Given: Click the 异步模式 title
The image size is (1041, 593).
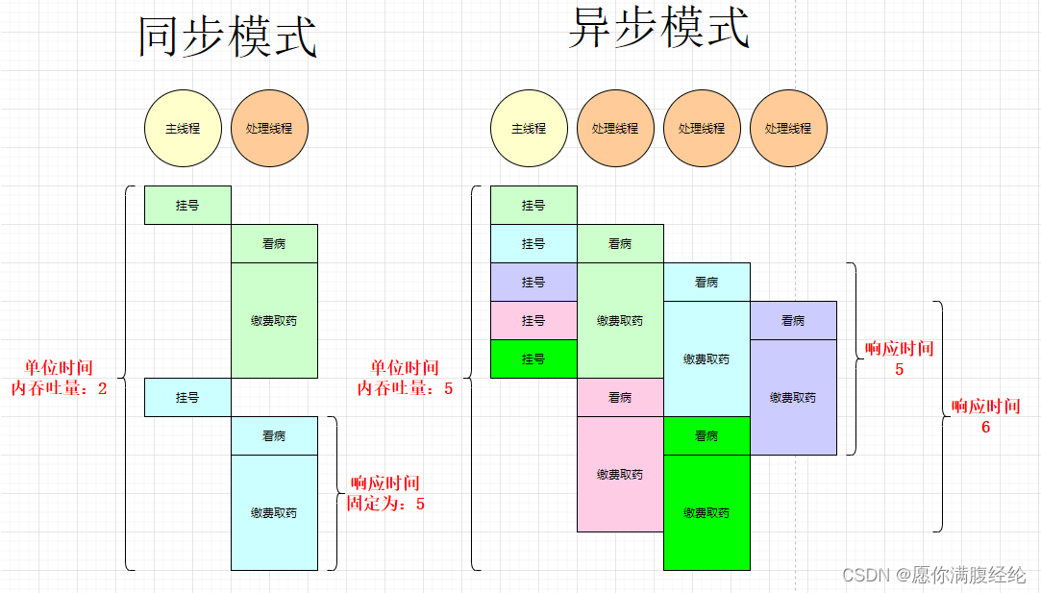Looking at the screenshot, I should pyautogui.click(x=658, y=29).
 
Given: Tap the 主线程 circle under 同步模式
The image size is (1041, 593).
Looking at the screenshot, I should pyautogui.click(x=183, y=128).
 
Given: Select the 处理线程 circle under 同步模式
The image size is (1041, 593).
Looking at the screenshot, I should pyautogui.click(x=269, y=128).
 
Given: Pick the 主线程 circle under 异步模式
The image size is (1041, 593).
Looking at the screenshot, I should pyautogui.click(x=529, y=128).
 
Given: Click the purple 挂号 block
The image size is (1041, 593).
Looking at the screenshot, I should pyautogui.click(x=533, y=282).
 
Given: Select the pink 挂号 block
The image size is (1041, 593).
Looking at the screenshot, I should pyautogui.click(x=533, y=320).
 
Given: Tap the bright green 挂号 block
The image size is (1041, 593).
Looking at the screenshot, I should pyautogui.click(x=533, y=358).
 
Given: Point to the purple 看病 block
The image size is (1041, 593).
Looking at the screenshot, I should pyautogui.click(x=793, y=320).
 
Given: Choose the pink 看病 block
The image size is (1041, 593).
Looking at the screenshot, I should pyautogui.click(x=620, y=397).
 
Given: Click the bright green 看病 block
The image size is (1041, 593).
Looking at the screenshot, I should pyautogui.click(x=706, y=435).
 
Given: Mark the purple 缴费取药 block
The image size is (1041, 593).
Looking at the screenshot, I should pyautogui.click(x=793, y=397).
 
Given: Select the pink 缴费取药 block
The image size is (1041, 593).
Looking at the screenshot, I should pyautogui.click(x=620, y=474).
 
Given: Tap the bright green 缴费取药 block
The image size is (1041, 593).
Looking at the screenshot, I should pyautogui.click(x=706, y=512).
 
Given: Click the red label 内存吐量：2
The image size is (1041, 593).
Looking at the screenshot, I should pyautogui.click(x=60, y=388).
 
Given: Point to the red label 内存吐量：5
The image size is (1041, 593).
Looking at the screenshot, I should pyautogui.click(x=405, y=388).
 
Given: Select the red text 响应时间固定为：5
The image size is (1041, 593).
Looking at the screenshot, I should pyautogui.click(x=385, y=493).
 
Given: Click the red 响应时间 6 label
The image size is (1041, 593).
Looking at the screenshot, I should pyautogui.click(x=985, y=417).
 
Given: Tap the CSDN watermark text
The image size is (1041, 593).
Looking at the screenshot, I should pyautogui.click(x=934, y=575).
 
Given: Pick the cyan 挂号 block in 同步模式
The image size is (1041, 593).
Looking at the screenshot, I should pyautogui.click(x=187, y=397).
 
